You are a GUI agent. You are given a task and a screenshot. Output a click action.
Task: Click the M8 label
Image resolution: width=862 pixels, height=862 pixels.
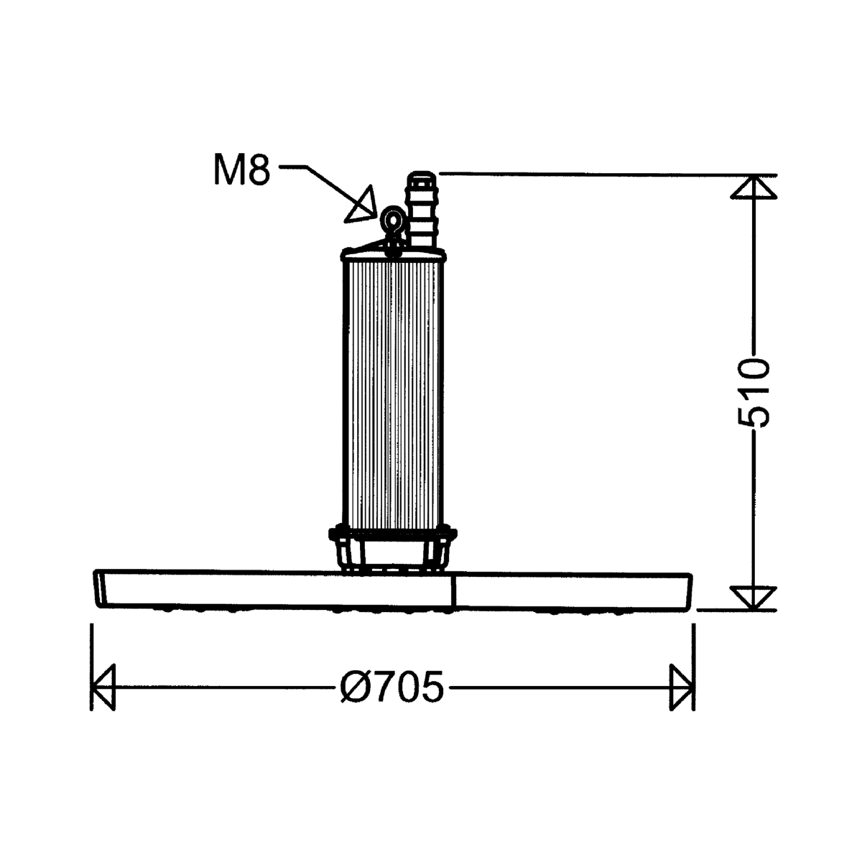coord(242,170)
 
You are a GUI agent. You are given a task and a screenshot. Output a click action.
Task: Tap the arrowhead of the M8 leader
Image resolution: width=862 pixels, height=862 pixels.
coord(362,205)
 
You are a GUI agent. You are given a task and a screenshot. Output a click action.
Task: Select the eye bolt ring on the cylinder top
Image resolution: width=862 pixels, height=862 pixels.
coord(393,220)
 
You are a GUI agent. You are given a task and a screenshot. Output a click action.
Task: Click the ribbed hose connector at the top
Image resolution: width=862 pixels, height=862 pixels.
coord(422,209)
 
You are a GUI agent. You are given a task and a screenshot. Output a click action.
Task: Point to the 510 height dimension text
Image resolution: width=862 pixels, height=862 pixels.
coord(754,392)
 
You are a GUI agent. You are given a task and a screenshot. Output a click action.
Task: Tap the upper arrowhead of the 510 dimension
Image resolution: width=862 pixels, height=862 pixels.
coord(754,187)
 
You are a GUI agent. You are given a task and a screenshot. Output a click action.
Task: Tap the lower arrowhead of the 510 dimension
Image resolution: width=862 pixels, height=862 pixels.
coord(754,598)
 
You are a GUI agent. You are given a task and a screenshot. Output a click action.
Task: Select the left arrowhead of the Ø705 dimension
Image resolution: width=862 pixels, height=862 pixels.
coord(103,687)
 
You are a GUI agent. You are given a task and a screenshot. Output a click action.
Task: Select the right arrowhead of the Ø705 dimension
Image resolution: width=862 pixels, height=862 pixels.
coord(682,687)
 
